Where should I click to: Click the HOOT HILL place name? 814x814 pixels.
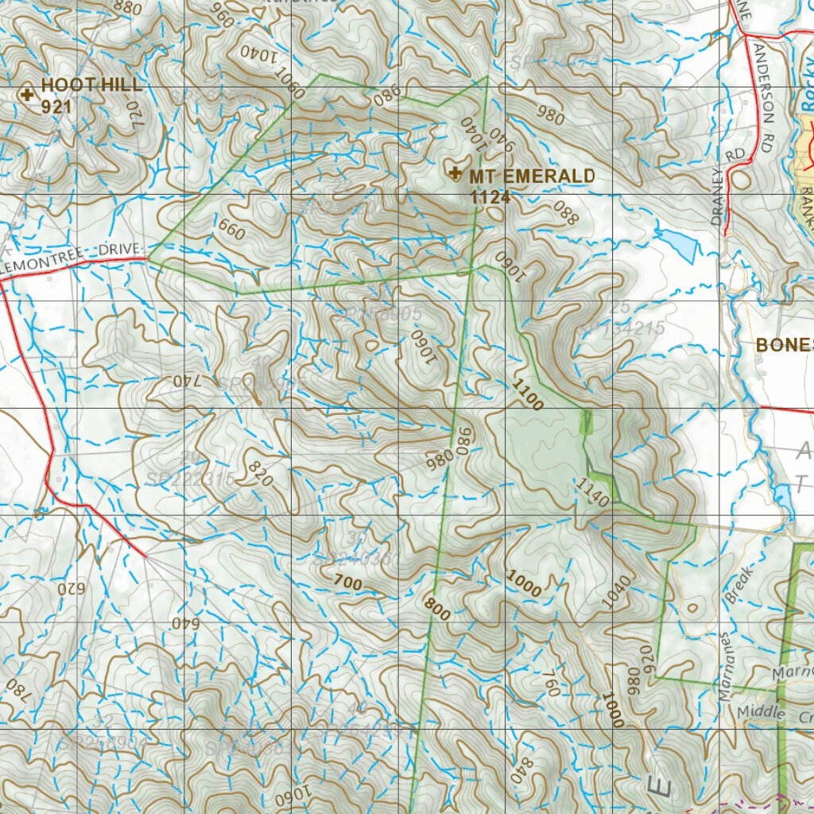(92, 85)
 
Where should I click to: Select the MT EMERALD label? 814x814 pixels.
(532, 176)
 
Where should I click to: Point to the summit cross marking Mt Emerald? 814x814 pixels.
(455, 174)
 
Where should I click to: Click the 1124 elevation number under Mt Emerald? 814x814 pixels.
(490, 197)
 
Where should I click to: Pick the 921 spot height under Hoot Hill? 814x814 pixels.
(57, 106)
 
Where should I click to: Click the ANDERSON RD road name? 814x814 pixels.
(764, 87)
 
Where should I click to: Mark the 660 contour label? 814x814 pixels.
(231, 231)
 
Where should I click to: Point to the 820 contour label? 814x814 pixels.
(261, 473)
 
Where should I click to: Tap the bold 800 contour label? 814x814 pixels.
(437, 609)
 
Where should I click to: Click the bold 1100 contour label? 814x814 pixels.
(529, 395)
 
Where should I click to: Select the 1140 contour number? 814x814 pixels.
(593, 493)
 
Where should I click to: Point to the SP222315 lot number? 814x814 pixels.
(191, 479)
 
